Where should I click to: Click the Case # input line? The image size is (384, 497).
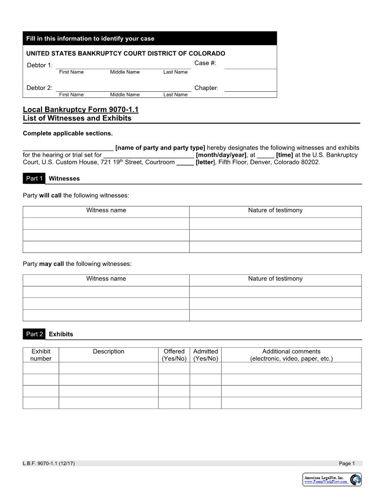[x=250, y=66]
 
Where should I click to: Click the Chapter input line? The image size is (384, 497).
[x=250, y=88]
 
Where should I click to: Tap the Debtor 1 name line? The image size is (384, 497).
[x=123, y=66]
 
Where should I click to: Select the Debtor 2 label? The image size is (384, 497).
[x=39, y=88]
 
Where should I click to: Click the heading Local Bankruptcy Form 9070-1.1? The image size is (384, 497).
[x=80, y=110]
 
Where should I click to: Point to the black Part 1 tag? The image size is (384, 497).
[x=34, y=178]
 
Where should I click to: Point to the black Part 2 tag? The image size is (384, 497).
[x=34, y=334]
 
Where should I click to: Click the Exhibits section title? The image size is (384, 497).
[x=61, y=334]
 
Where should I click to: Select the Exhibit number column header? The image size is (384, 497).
[x=41, y=355]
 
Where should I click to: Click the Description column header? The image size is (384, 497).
[x=108, y=352]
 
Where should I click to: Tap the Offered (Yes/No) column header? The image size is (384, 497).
[x=174, y=355]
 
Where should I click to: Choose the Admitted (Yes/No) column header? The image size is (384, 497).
[x=206, y=355]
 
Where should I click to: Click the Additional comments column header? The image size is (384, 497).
[x=291, y=355]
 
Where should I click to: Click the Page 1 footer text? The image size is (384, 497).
[x=347, y=464]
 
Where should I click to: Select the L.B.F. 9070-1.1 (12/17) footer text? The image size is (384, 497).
[x=48, y=464]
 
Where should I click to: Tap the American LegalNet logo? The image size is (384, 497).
[x=332, y=480]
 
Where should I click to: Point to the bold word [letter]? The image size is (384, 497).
[x=205, y=162]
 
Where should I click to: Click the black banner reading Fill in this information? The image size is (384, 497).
[x=150, y=39]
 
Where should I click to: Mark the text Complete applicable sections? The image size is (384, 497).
[x=68, y=133]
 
